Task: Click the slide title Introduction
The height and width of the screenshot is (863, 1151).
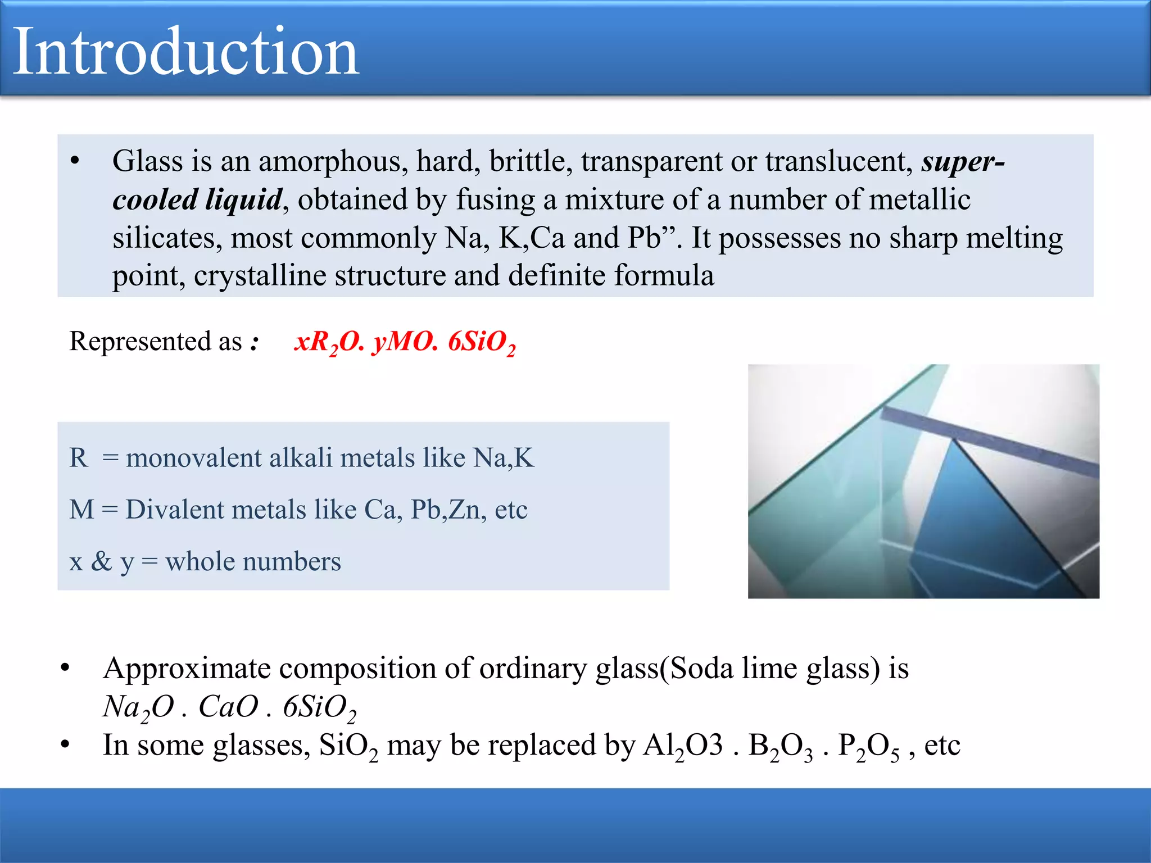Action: (x=185, y=52)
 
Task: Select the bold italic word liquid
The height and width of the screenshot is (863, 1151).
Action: (x=243, y=199)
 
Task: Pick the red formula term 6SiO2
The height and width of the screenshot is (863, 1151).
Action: (x=481, y=342)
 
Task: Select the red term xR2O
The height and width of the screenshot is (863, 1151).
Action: (x=329, y=342)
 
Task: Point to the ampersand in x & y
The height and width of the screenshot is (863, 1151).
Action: (x=102, y=561)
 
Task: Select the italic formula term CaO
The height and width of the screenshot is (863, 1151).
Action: (x=228, y=706)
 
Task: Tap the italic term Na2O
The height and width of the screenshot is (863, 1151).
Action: (x=138, y=707)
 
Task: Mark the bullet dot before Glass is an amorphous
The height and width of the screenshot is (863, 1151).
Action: (x=75, y=161)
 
